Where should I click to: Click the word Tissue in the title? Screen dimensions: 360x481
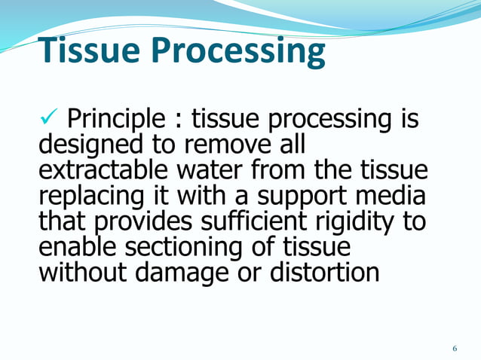pyautogui.click(x=90, y=51)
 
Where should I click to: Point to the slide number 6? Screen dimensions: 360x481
pyautogui.click(x=455, y=348)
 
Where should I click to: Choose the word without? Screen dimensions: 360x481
pyautogui.click(x=83, y=272)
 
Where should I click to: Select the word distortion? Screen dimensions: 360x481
pyautogui.click(x=322, y=272)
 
